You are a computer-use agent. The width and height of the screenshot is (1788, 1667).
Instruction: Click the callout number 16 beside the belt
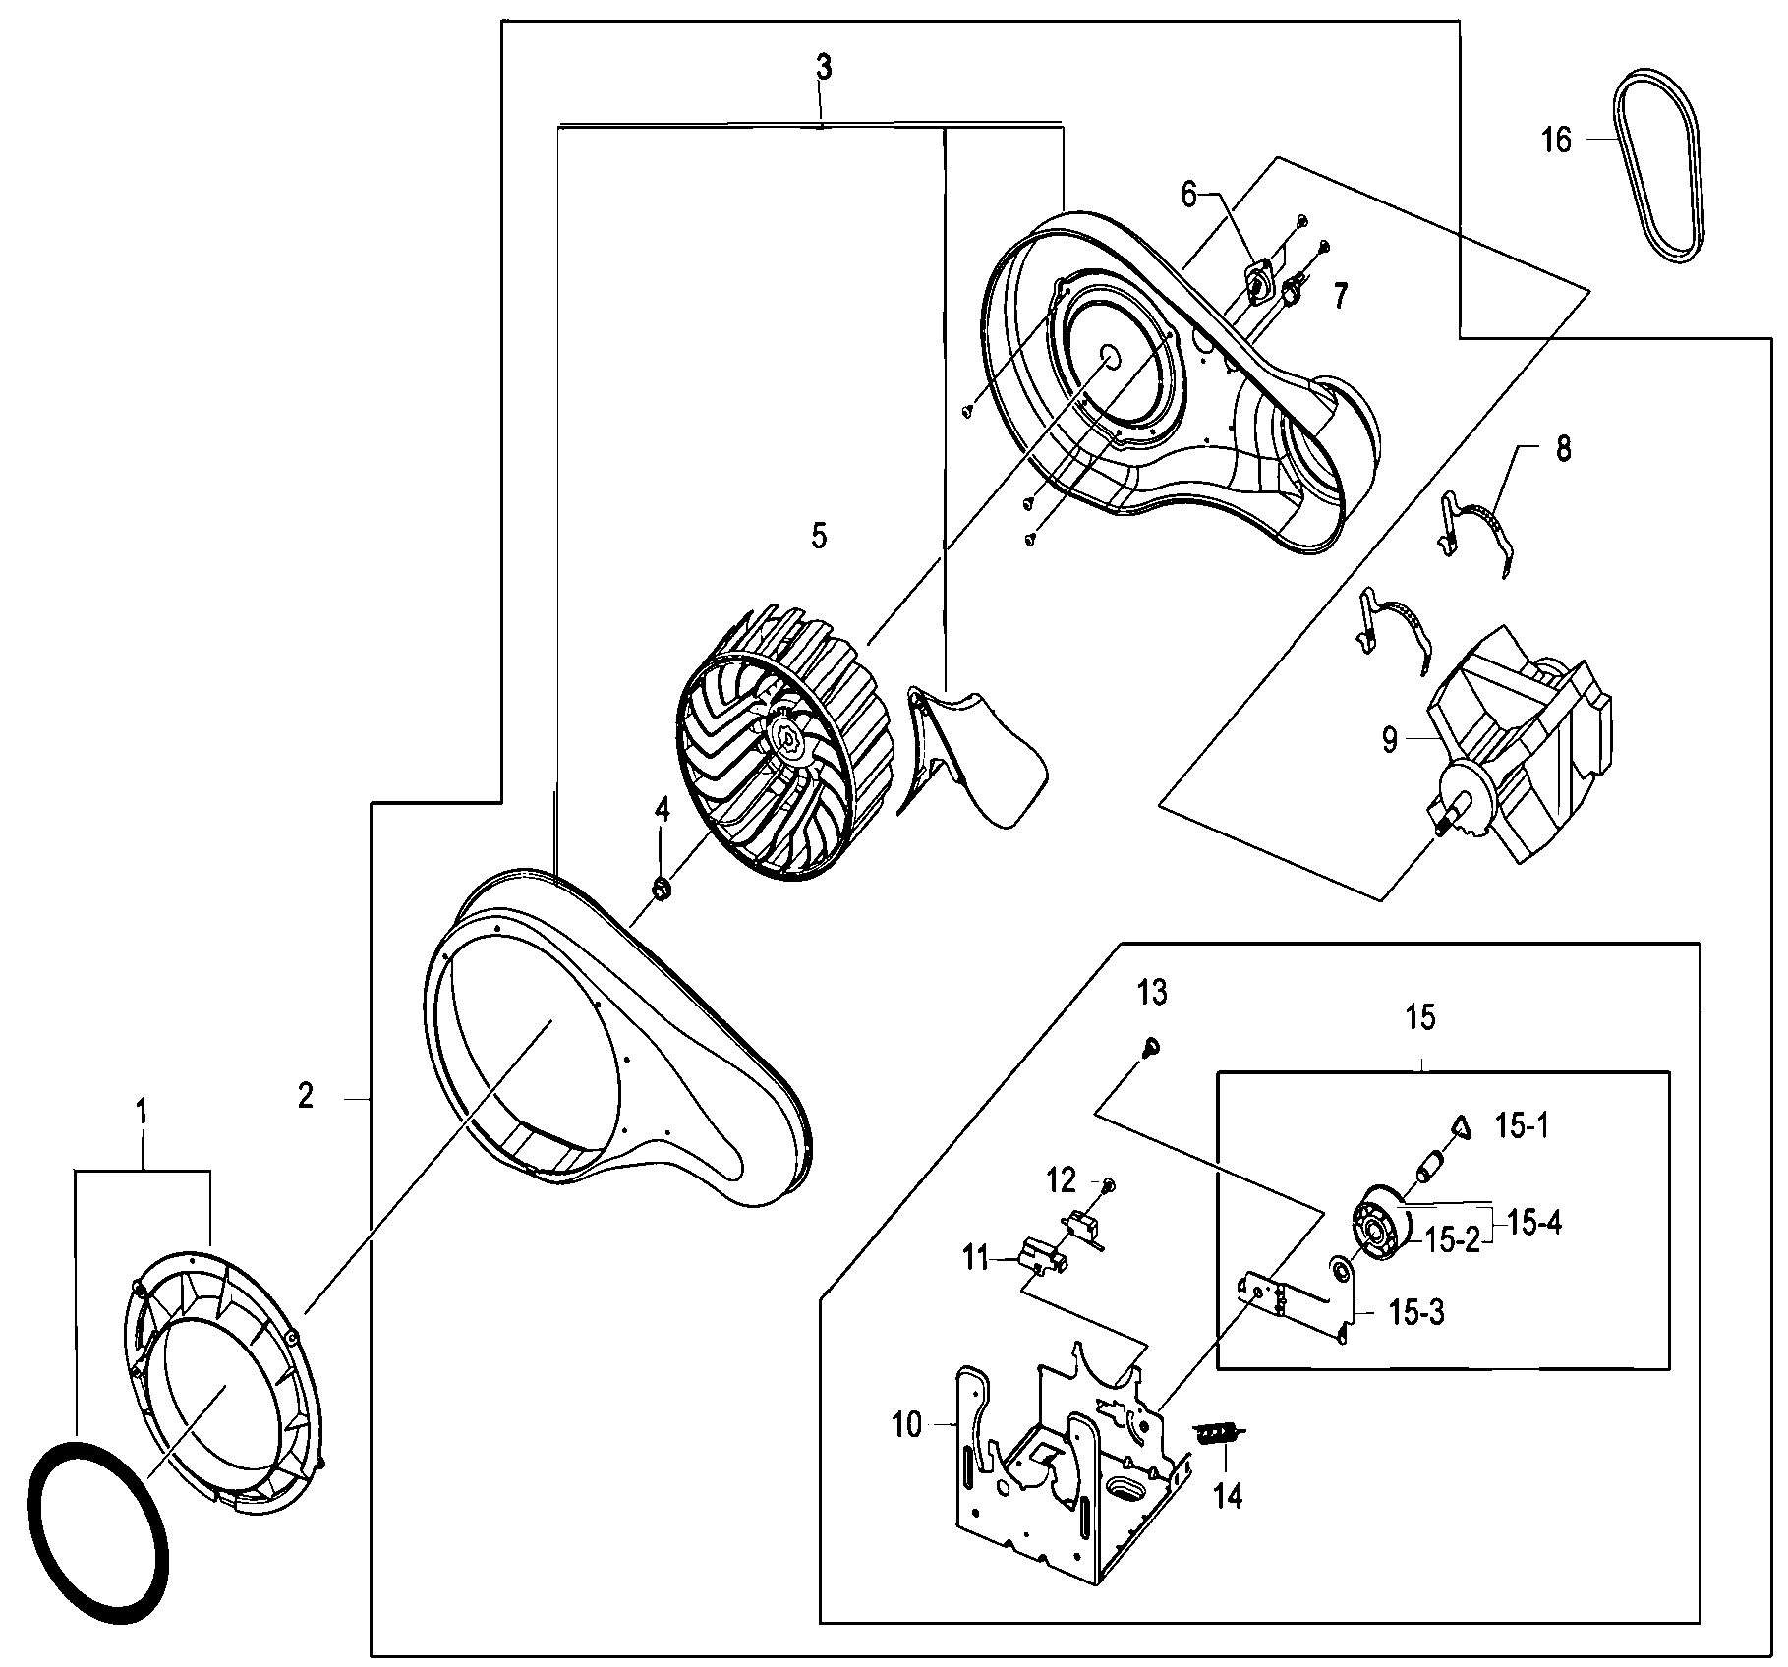point(1556,141)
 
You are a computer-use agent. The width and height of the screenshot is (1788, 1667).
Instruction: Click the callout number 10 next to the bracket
point(906,1424)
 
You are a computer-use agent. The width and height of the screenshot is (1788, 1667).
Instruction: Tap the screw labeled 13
point(1149,1048)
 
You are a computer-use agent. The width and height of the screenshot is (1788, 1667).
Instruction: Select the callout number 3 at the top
point(823,68)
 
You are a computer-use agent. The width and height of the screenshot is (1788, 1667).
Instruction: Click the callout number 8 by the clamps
point(1562,449)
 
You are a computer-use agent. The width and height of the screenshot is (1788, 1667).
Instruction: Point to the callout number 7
point(1341,295)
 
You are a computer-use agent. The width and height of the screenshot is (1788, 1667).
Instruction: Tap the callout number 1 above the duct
point(142,1113)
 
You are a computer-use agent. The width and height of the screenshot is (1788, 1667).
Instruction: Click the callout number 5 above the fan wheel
point(819,536)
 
